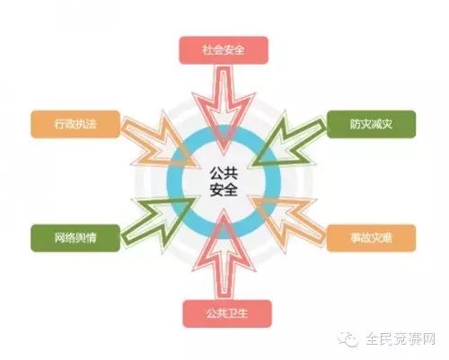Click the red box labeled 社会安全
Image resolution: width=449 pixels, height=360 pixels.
point(224,50)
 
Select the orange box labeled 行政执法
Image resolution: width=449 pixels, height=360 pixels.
point(75,124)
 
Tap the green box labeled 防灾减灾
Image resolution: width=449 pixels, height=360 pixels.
point(371,124)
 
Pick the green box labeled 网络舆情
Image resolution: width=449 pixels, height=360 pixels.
point(75,238)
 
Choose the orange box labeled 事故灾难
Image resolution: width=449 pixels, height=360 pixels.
point(371,238)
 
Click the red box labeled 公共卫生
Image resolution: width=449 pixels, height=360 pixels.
point(227,313)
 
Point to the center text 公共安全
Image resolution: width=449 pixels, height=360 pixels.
point(224,181)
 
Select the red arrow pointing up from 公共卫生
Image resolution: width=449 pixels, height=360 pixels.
point(224,254)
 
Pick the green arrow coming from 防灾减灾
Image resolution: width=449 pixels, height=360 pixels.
point(286,142)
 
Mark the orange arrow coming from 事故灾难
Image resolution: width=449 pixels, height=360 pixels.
point(286,222)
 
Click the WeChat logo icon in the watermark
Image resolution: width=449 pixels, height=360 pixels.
point(348,339)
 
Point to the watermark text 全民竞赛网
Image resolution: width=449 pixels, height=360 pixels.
point(401,338)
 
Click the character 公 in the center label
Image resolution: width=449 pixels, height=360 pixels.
point(216,173)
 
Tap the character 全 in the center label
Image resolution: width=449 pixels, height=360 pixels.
point(231,189)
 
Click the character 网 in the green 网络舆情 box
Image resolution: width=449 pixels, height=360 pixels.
point(59,238)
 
